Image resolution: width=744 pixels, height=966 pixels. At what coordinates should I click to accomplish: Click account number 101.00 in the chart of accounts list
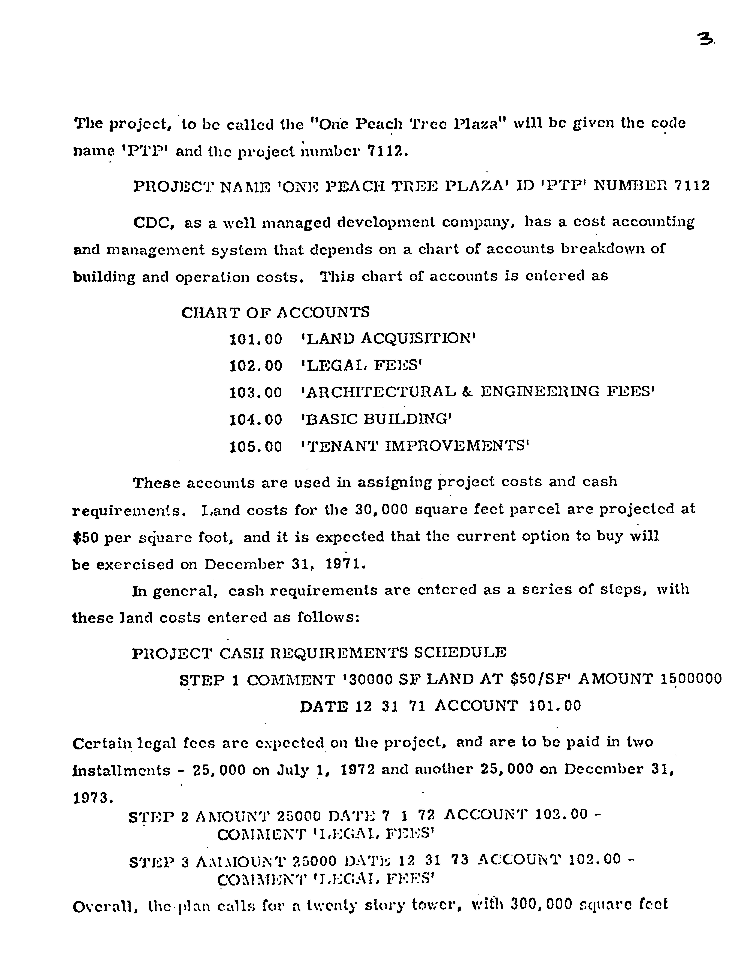[256, 339]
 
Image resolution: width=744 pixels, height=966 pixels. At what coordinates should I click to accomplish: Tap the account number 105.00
[256, 447]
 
